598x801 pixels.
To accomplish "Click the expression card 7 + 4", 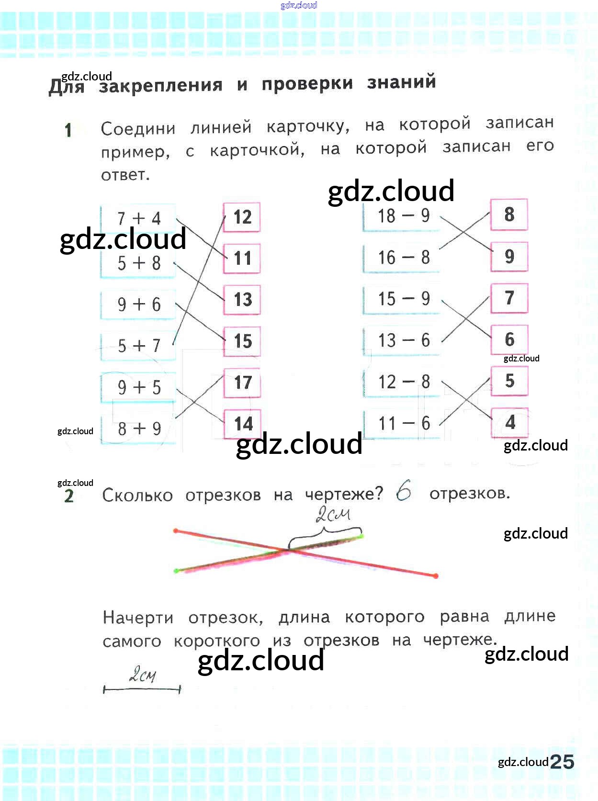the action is coord(138,218).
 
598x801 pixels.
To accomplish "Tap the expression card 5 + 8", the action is coord(138,263).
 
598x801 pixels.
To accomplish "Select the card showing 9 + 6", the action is coord(138,305).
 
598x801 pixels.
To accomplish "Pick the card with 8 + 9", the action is coord(138,429).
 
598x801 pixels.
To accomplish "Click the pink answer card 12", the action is coord(242,217).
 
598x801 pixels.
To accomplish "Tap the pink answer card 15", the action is coord(242,341).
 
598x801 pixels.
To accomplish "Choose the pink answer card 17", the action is coord(242,383).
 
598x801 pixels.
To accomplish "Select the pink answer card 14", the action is coord(242,424).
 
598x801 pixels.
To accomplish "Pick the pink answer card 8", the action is coord(509,214).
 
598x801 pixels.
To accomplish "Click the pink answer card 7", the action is coord(509,298).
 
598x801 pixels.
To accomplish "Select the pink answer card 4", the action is coord(510,422).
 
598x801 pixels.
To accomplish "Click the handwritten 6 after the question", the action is coord(404,492).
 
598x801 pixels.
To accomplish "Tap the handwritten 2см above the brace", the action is coord(333,515).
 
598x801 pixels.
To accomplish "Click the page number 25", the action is coord(562,762).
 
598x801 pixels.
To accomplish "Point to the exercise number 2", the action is coord(69,496).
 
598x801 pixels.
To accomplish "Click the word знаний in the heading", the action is coord(401,82).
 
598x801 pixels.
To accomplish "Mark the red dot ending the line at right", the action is coord(436,576).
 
